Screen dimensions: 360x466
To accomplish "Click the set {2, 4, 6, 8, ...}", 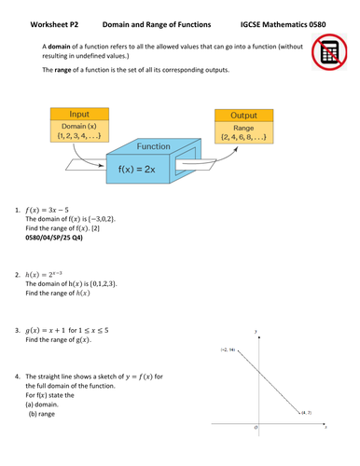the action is click(245, 137).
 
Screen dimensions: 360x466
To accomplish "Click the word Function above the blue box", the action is click(153, 146).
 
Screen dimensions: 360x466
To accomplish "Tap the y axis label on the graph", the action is click(256, 331).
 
